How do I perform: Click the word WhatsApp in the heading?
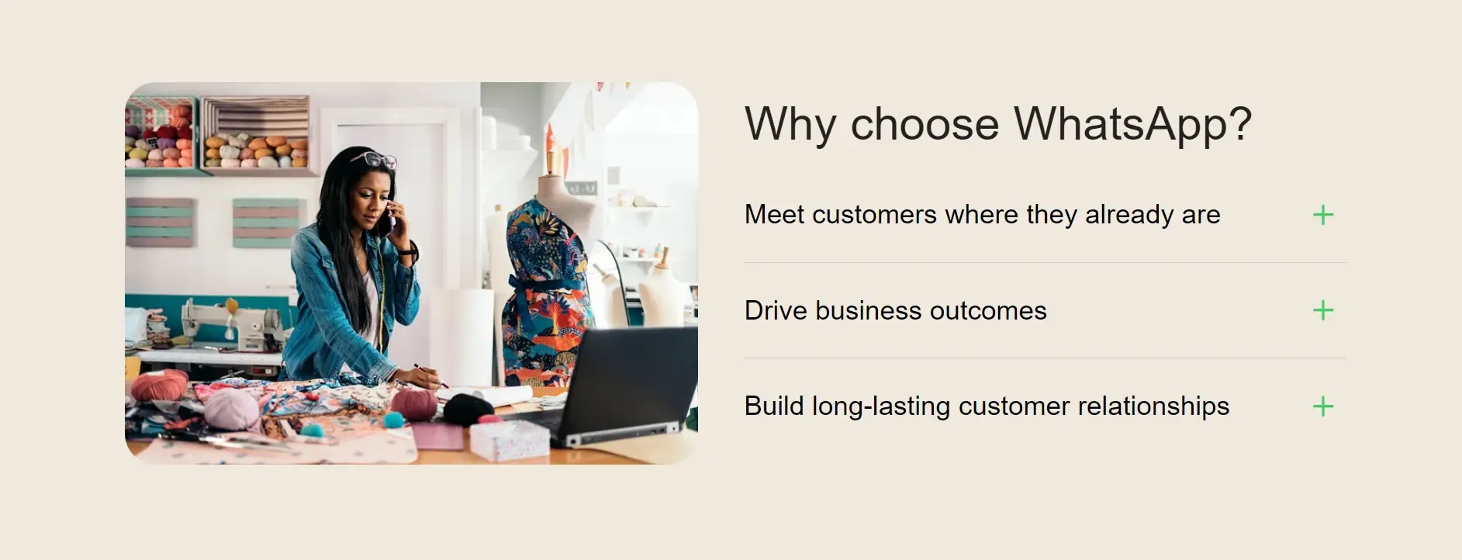pos(1132,124)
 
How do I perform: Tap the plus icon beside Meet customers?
pos(1323,215)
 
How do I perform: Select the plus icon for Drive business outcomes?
pos(1323,310)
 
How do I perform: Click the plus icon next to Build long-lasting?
pos(1323,406)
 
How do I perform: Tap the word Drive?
pos(776,311)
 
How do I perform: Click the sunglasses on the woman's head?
pos(374,160)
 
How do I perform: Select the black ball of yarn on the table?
pos(468,409)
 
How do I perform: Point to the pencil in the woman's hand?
pos(430,375)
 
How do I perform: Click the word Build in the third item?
pos(774,406)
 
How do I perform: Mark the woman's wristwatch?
pos(412,252)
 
